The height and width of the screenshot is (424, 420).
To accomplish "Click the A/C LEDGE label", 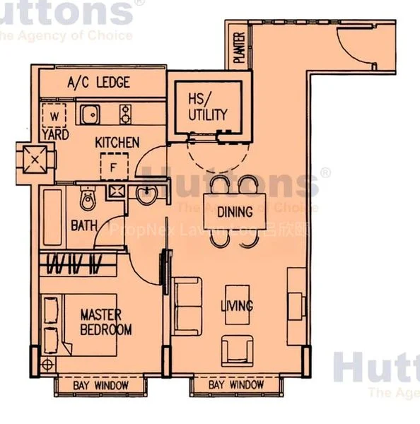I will pyautogui.click(x=98, y=83).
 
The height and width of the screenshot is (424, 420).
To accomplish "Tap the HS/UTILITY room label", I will pyautogui.click(x=208, y=107).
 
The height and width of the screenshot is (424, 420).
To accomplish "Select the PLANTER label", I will pyautogui.click(x=240, y=48).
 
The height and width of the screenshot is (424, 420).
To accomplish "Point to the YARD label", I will pyautogui.click(x=54, y=134).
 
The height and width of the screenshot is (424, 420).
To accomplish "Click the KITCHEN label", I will pyautogui.click(x=117, y=143).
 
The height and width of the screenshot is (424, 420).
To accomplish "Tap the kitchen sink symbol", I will pyautogui.click(x=90, y=114).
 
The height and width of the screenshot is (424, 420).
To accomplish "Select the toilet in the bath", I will pyautogui.click(x=88, y=200).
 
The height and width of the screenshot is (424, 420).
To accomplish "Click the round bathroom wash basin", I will pyautogui.click(x=148, y=196).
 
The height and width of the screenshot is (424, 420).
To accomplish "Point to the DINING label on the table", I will pyautogui.click(x=235, y=211).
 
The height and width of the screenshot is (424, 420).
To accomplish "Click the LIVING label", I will pyautogui.click(x=236, y=306).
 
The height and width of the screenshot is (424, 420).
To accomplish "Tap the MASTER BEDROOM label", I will pyautogui.click(x=105, y=322).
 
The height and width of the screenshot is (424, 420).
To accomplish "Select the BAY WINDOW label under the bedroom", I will pyautogui.click(x=101, y=385).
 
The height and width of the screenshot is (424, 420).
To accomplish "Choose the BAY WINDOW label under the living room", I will pyautogui.click(x=236, y=385).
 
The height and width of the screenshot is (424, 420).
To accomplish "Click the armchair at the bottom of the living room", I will pyautogui.click(x=236, y=349).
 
